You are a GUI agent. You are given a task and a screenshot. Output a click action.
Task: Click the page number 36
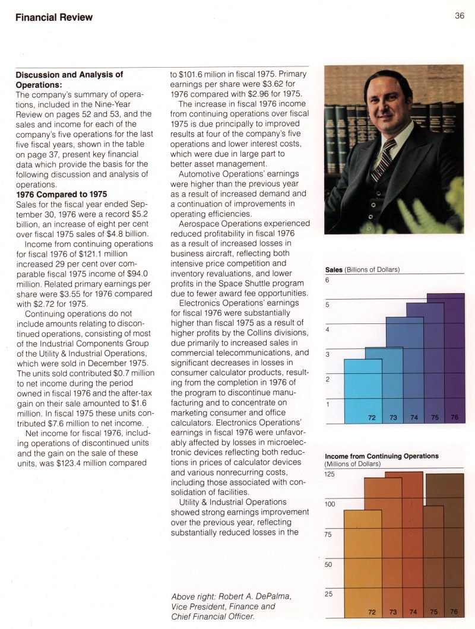pos(460,16)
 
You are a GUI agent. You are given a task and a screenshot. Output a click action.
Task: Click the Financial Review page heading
pos(54,17)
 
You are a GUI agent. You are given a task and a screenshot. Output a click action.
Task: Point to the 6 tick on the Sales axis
pos(327,280)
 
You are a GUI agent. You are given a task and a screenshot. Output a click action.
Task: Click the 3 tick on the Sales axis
pos(327,354)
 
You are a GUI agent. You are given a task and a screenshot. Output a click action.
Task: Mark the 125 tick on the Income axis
pos(330,474)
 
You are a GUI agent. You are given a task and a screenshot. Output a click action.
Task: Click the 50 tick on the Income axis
pos(328,564)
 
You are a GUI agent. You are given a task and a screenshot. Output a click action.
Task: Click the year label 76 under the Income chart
pos(454,611)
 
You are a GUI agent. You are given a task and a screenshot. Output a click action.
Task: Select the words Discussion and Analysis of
pos(69,74)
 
